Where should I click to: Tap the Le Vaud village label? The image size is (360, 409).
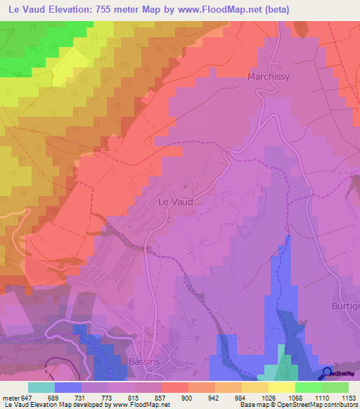(173, 201)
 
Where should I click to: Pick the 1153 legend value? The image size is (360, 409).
(349, 398)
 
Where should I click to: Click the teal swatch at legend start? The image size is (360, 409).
(41, 387)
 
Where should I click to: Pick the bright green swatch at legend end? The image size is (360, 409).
(335, 387)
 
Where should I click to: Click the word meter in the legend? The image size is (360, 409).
(11, 398)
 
